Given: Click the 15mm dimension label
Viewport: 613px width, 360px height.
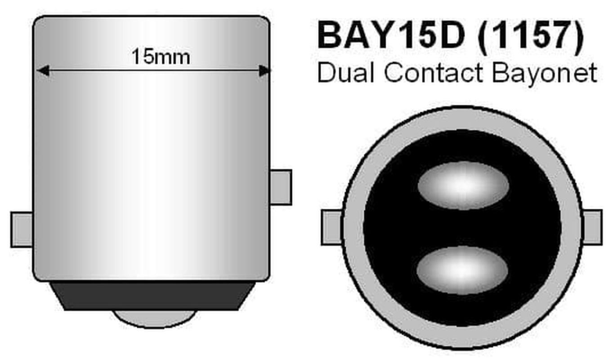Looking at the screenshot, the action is [x=161, y=57].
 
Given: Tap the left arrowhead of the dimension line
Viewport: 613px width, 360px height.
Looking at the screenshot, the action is [x=43, y=71].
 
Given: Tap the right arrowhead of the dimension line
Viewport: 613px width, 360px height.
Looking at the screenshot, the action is [x=264, y=71].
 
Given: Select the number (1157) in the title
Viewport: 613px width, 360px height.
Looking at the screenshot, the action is [x=531, y=37].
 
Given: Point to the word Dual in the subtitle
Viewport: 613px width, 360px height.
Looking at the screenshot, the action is [x=346, y=72].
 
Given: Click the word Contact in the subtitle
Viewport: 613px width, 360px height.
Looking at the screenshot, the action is [x=434, y=73].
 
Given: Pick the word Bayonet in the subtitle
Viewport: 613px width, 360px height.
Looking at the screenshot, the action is [x=545, y=74].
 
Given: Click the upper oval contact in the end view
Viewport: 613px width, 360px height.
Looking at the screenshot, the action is [x=463, y=185].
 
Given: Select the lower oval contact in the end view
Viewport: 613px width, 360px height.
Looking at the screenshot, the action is [x=462, y=270].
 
